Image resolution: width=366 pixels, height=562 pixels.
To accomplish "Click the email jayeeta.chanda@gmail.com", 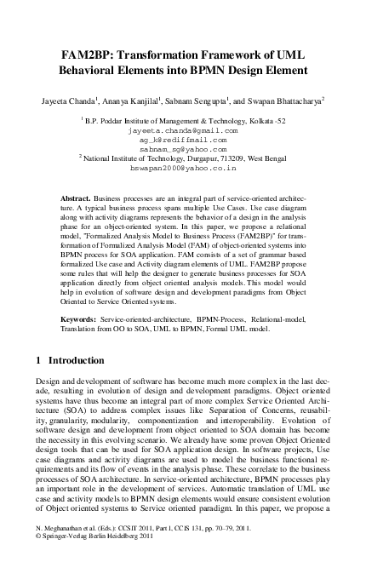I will coord(182,131).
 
